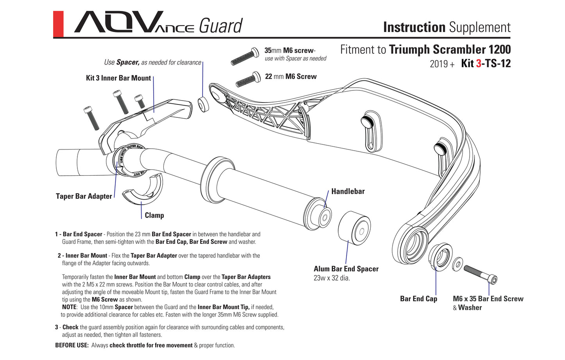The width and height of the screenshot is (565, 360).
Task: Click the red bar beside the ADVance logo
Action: pos(58,24)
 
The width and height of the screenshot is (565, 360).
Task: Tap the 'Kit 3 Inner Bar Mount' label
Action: pos(118,78)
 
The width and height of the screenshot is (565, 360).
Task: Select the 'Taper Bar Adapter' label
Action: pos(84,196)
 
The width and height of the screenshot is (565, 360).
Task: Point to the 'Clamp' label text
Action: pos(154,215)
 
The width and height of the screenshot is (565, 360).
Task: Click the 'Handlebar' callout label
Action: pos(348,191)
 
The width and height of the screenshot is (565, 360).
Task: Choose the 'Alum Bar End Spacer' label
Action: pos(346,269)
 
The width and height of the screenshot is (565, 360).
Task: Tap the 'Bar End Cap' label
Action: pos(418,299)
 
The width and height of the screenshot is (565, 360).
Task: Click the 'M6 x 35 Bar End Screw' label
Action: pos(488,299)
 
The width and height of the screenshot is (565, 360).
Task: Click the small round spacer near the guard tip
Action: pos(203,104)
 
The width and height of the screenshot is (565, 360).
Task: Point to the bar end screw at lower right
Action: pos(481,274)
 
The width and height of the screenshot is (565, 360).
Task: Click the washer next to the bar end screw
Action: pos(457,264)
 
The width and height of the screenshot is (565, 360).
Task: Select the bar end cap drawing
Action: pos(441,257)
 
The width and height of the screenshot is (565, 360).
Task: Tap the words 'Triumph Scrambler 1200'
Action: pos(450,50)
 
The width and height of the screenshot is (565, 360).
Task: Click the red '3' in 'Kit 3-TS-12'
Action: pos(479,63)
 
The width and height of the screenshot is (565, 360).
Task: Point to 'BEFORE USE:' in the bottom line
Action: pos(72,346)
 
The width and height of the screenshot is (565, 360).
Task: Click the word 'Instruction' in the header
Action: pos(414,27)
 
